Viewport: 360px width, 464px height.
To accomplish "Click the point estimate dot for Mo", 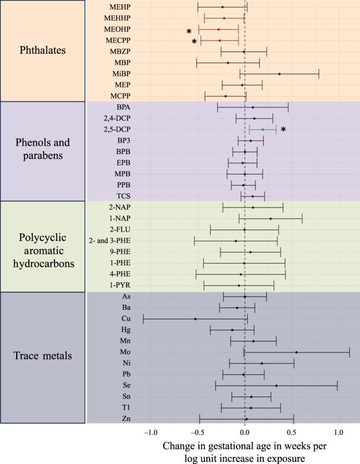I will (x=296, y=352).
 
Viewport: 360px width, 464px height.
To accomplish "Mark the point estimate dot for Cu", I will (x=195, y=319).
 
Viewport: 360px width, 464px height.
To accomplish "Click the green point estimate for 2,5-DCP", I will (x=263, y=130).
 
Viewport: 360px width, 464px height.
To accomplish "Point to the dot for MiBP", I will (x=279, y=74).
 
